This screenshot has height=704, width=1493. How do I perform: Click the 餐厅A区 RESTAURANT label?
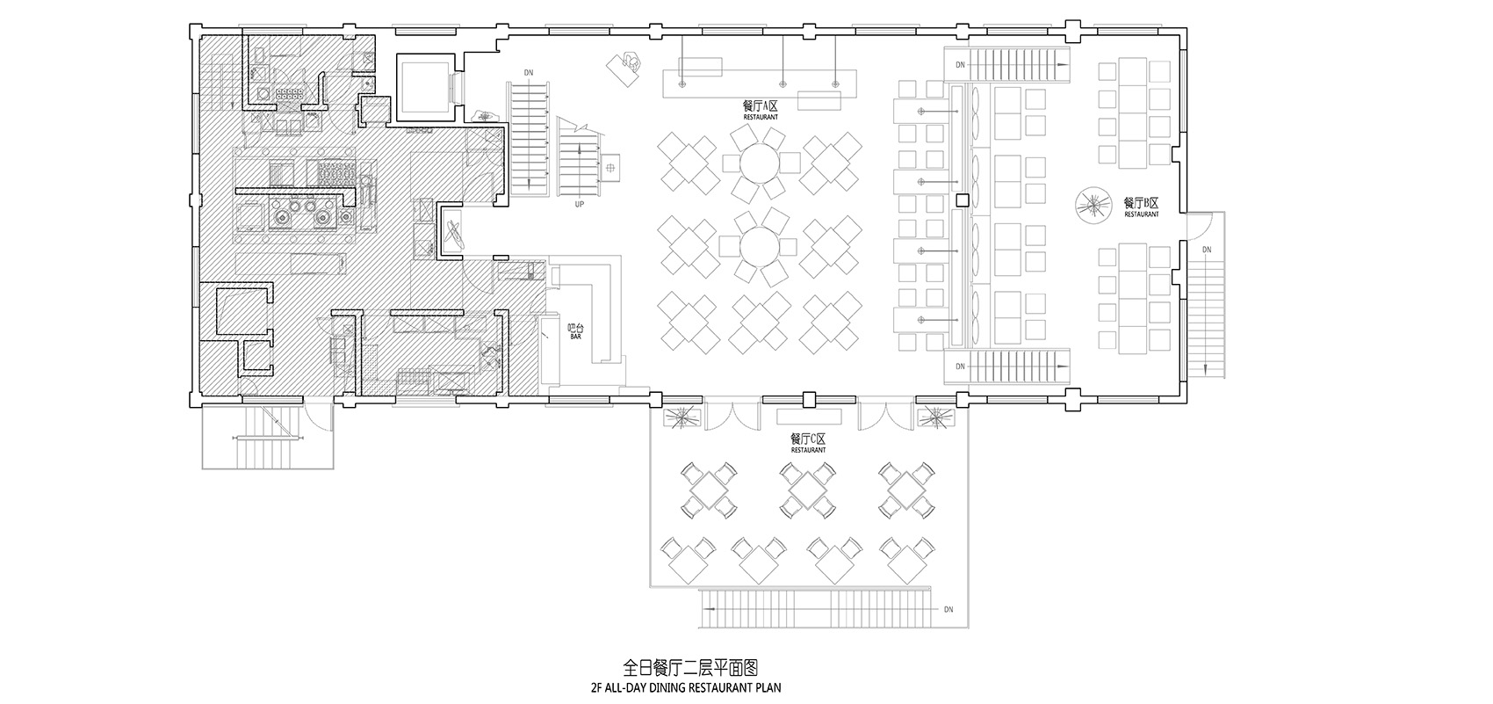click(x=761, y=108)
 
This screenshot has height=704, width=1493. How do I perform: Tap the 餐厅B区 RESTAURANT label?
click(x=1141, y=207)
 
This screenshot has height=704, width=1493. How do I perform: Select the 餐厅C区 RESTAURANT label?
click(x=807, y=442)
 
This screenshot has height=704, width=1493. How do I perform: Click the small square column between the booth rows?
click(x=963, y=201)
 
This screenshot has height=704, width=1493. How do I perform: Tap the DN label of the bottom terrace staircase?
click(x=948, y=609)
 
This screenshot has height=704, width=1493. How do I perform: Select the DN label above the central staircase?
click(x=528, y=73)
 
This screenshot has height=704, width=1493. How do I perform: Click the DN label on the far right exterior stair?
click(x=1207, y=250)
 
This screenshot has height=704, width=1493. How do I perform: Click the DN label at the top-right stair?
click(x=960, y=64)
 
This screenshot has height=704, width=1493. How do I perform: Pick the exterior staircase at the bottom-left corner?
click(x=266, y=438)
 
